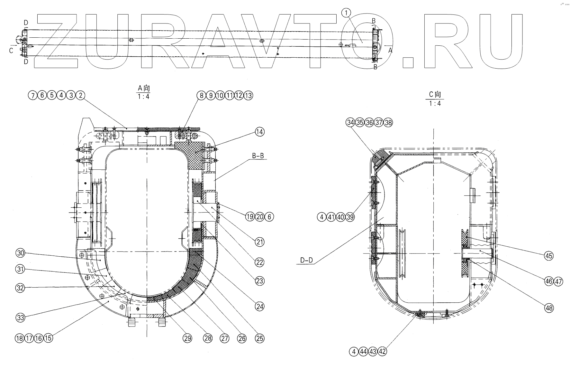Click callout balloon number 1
(346, 13)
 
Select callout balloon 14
(259, 132)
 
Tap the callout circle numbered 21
(259, 242)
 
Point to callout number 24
(259, 307)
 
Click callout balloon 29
(187, 338)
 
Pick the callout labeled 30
(21, 253)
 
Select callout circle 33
(21, 318)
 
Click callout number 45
(549, 256)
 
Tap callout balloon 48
(549, 308)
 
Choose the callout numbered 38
(388, 122)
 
